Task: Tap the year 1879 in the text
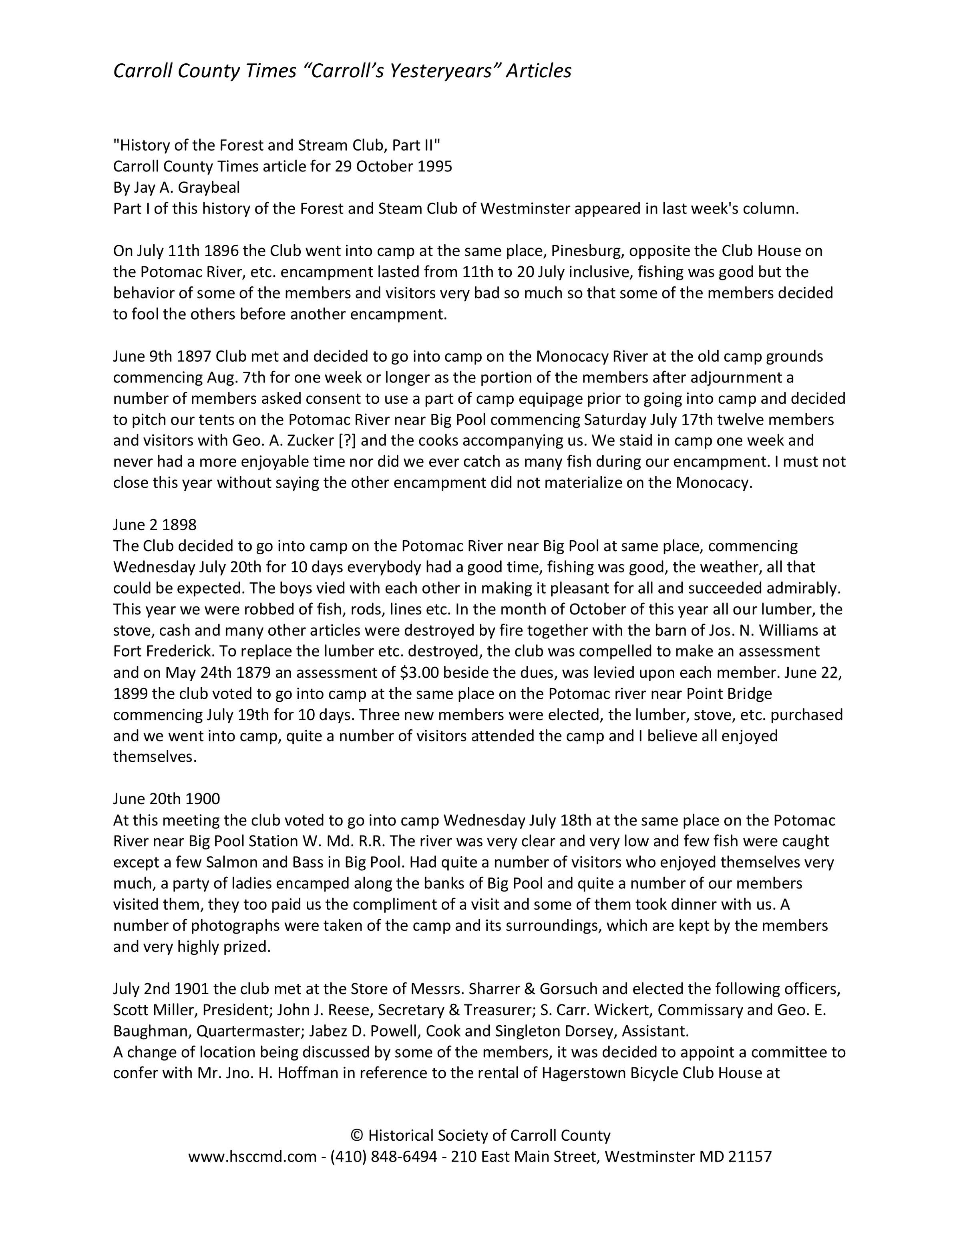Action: click(x=252, y=673)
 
